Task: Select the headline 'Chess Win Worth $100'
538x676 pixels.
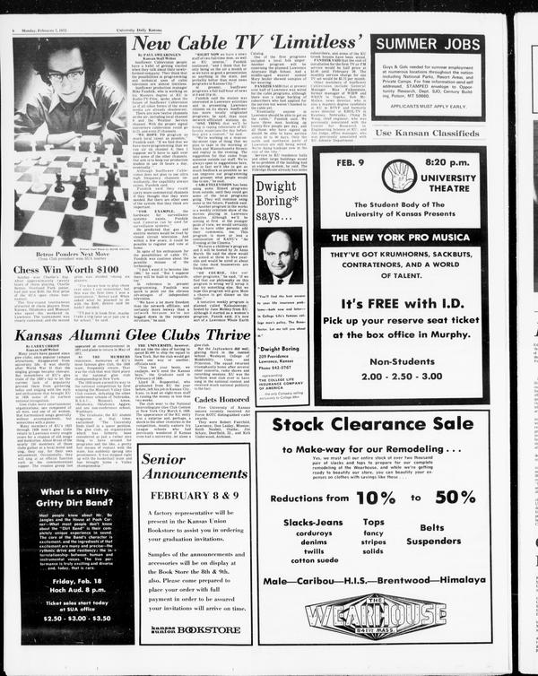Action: pos(65,268)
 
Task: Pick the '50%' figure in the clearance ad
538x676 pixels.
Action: pos(455,495)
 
